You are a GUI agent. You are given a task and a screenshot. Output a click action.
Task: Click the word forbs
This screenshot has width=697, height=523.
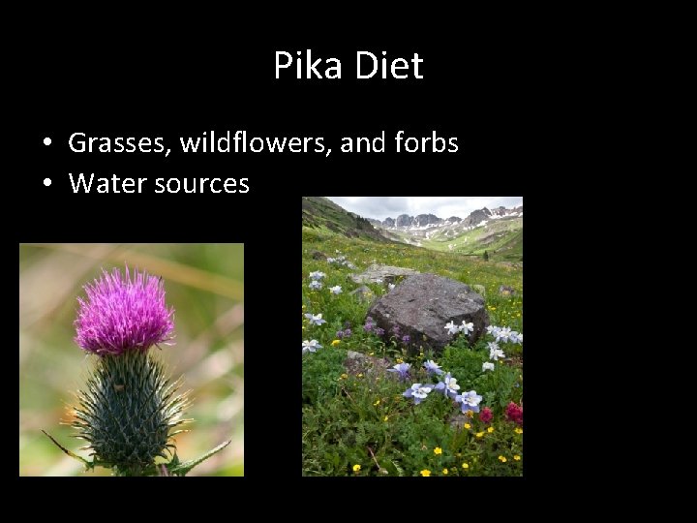point(426,143)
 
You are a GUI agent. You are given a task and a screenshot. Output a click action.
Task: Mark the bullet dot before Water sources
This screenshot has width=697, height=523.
point(47,184)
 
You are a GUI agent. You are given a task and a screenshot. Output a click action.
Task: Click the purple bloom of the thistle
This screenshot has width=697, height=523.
point(123,310)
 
